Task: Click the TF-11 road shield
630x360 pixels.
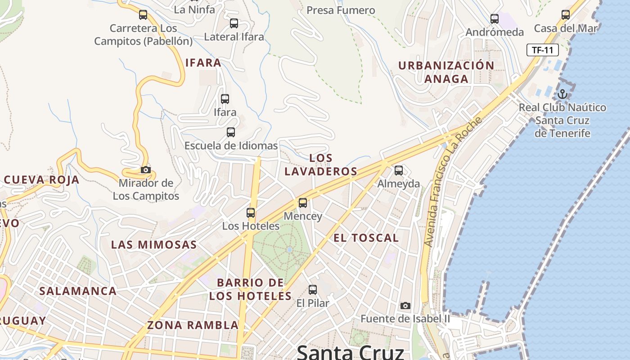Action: tap(542, 50)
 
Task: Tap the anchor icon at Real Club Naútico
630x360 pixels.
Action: tap(562, 94)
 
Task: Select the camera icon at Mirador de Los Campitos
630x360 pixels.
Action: tap(145, 170)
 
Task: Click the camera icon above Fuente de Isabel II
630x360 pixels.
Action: tap(405, 306)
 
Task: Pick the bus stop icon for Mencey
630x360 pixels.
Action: tap(303, 203)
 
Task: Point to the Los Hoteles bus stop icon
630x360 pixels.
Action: tap(251, 213)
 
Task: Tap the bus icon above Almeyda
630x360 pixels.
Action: tap(398, 171)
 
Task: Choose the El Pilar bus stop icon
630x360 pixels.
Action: tap(313, 290)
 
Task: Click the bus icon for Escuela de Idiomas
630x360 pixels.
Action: tap(231, 132)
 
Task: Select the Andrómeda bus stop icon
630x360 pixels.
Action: tap(495, 19)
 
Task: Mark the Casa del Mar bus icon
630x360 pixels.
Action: tap(566, 15)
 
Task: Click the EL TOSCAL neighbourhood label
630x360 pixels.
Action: tap(366, 238)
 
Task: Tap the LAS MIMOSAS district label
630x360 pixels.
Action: tap(154, 245)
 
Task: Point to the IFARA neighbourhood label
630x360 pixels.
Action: tap(203, 63)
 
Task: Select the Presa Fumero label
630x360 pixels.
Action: tap(341, 10)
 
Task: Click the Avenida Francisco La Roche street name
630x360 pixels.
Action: tap(453, 181)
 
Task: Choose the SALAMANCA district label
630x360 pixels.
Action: tap(78, 291)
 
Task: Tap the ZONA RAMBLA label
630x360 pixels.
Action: tap(193, 325)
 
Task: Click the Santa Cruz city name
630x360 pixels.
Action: tap(350, 352)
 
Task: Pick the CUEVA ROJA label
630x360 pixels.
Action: tap(41, 180)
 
